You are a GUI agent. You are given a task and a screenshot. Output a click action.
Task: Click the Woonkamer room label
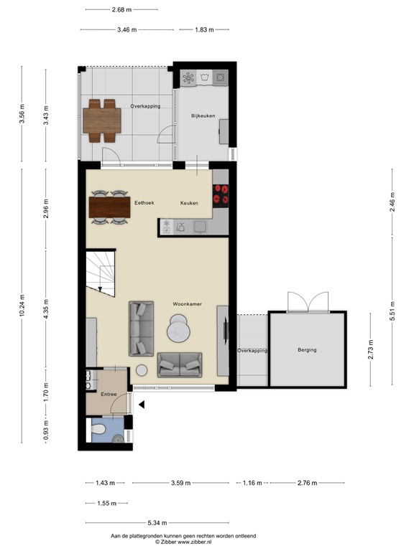point(187,304)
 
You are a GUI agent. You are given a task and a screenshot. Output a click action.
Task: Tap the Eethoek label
point(144,203)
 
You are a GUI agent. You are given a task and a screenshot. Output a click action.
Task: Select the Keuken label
point(189,203)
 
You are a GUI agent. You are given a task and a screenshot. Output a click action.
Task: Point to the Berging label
point(307,350)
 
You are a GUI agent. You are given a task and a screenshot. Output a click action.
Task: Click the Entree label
point(109,394)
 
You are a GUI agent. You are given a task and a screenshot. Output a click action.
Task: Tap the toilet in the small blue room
point(101,430)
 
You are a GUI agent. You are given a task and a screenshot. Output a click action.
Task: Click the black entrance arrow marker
point(142,405)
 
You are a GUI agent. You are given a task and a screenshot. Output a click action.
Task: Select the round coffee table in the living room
point(178,331)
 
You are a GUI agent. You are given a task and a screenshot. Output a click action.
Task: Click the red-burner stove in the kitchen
point(220,194)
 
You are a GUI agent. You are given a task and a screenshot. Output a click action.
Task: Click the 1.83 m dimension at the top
point(203,29)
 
